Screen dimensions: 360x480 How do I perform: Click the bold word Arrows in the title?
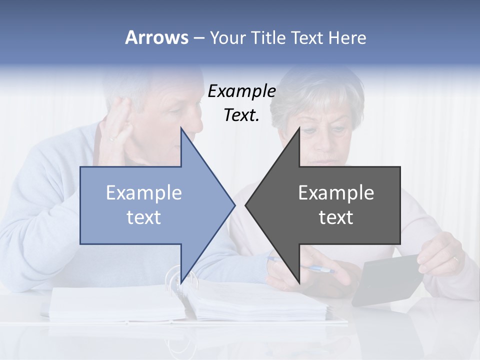coord(156,37)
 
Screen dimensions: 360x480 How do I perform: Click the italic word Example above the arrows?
coord(241,91)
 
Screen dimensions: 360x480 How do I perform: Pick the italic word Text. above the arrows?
coord(241,115)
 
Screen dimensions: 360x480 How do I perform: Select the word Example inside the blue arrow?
coord(144,193)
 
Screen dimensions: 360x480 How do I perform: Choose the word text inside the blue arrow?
coord(144,217)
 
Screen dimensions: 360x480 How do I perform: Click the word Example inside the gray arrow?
coord(336,193)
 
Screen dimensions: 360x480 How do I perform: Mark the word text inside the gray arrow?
coord(336,217)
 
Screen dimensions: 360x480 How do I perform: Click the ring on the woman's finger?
coord(455,259)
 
